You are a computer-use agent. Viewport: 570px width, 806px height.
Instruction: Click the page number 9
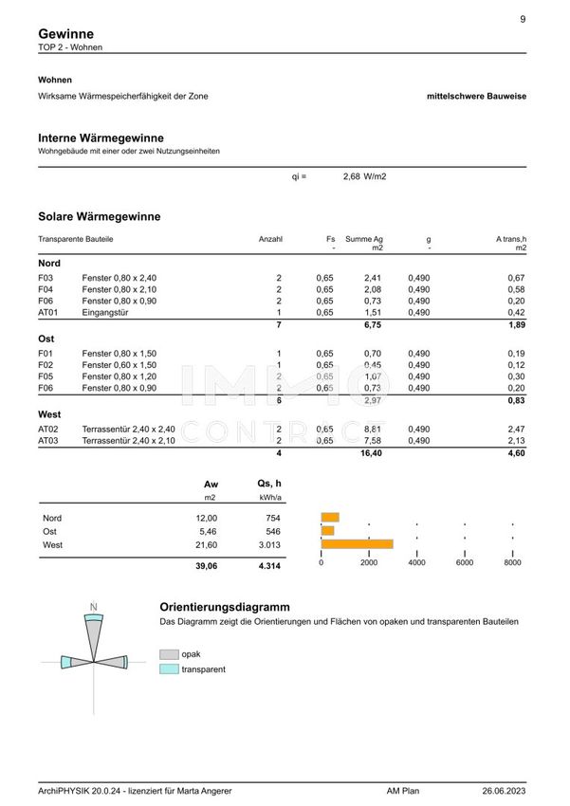tap(523, 19)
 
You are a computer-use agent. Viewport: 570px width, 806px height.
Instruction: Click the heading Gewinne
tap(65, 33)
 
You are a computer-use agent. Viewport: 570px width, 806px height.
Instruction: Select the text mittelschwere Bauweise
tap(478, 96)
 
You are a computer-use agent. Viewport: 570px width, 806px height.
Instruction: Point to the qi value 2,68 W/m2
tap(364, 176)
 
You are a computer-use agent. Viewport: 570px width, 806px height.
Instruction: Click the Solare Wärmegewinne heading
tap(99, 216)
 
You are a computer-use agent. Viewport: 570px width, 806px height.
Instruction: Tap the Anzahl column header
tap(270, 239)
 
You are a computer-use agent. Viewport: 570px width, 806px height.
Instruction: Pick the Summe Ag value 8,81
tap(372, 429)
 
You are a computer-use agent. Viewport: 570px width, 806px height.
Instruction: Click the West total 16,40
tap(369, 454)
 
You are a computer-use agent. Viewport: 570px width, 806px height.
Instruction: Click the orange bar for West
tap(357, 543)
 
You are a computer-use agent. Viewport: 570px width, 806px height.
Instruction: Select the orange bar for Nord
tap(330, 518)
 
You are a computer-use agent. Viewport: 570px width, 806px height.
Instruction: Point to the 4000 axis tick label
tap(416, 563)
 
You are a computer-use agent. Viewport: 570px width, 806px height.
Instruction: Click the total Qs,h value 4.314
tap(269, 566)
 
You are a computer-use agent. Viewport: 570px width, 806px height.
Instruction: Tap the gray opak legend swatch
tap(169, 653)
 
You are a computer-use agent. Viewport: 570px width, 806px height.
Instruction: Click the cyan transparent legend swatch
tap(169, 669)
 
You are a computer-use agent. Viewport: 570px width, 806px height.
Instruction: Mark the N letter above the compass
tap(93, 606)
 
